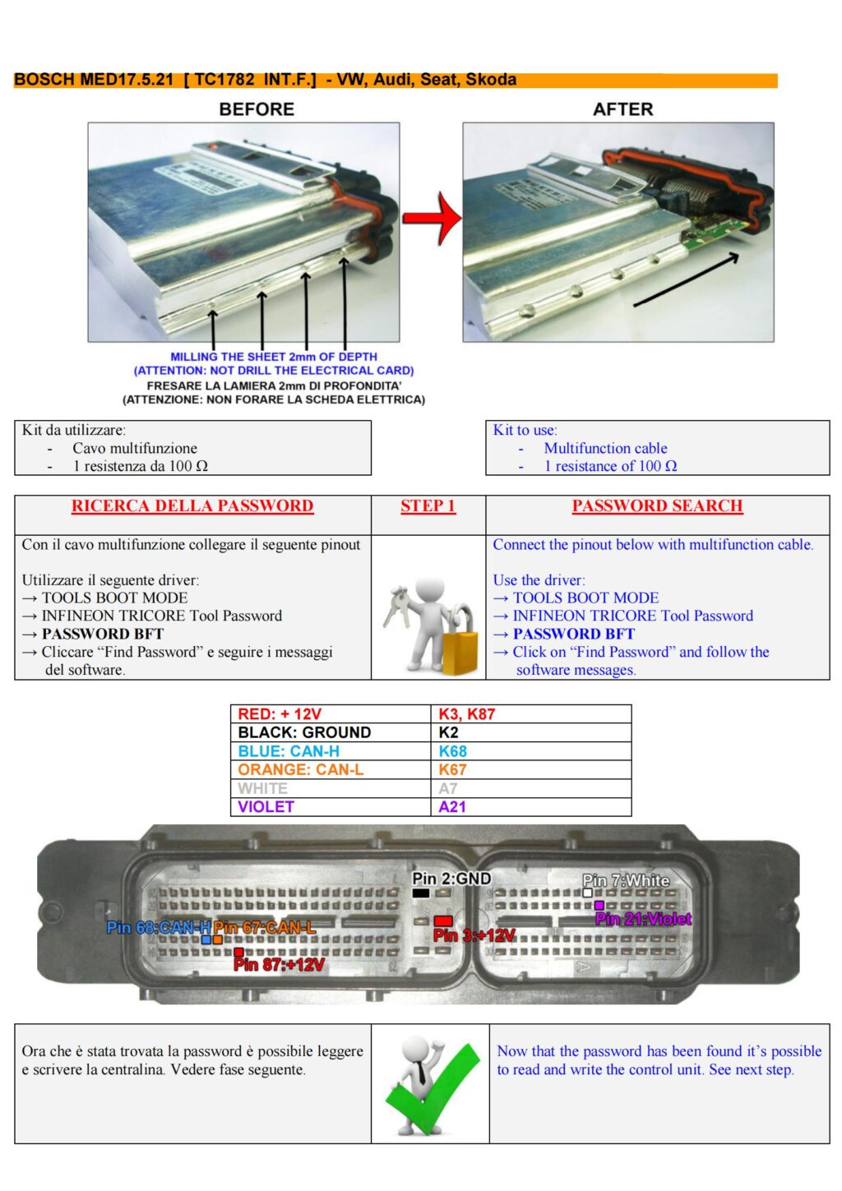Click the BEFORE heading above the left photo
click(x=256, y=109)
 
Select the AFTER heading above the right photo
click(x=622, y=109)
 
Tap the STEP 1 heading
click(x=428, y=506)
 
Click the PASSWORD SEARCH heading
click(x=657, y=506)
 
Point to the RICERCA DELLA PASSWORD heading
click(x=192, y=506)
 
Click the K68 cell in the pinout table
click(x=452, y=751)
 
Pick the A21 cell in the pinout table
click(x=451, y=807)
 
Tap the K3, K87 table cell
click(x=466, y=714)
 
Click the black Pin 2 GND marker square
click(x=421, y=893)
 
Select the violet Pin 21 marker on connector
click(x=599, y=906)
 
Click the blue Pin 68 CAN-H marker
click(x=206, y=939)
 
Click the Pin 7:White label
click(x=626, y=880)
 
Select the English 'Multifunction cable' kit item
click(x=605, y=448)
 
